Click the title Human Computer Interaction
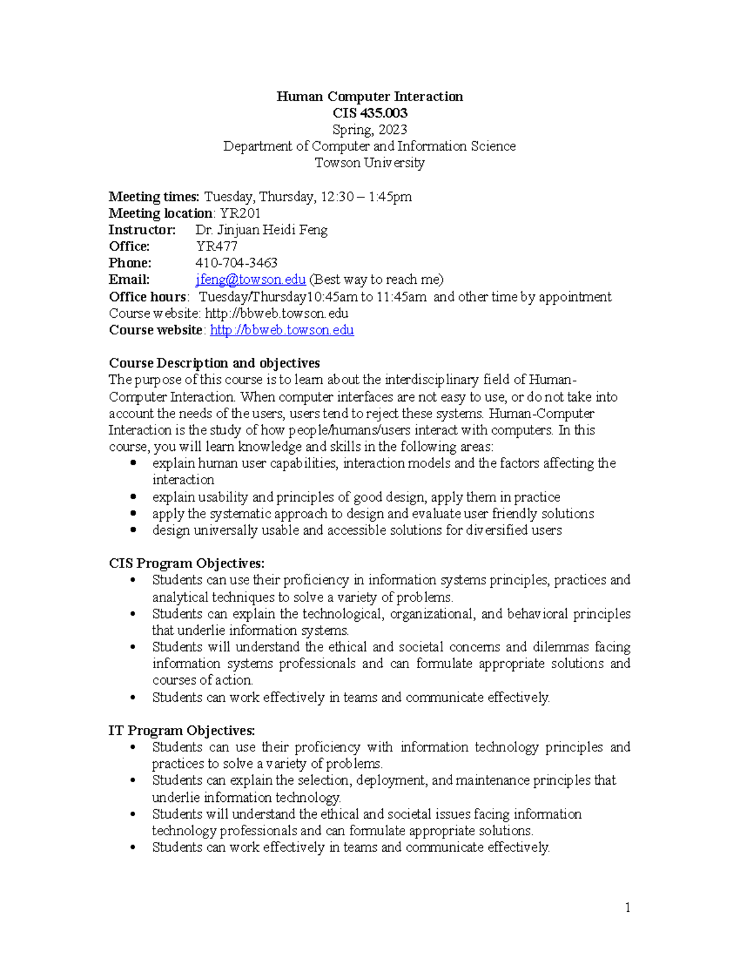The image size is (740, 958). pos(369,96)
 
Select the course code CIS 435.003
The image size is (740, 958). pos(369,113)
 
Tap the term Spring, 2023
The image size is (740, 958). pos(369,130)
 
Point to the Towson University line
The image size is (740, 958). pos(369,163)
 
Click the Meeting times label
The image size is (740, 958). pos(154,197)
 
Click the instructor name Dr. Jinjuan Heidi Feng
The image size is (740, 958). pos(261,230)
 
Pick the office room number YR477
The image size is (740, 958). pos(216,247)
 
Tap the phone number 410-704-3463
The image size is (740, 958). pos(236,263)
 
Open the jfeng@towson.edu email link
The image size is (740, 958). pos(250,280)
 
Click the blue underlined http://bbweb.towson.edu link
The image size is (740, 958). pos(282,330)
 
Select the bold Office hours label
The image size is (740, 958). pos(147,297)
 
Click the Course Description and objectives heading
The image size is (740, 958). pos(214,363)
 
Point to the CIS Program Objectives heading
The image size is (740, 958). pos(186,563)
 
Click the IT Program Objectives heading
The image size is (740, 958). pos(181,730)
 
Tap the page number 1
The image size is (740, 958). pos(627,907)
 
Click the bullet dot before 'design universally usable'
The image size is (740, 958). pos(133,530)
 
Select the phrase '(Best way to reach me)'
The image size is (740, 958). pos(376,280)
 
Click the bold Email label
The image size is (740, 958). pos(129,280)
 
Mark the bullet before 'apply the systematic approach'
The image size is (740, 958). pos(133,513)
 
